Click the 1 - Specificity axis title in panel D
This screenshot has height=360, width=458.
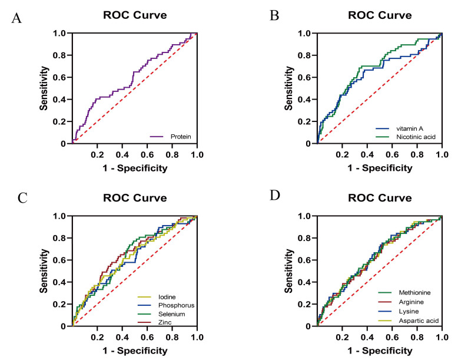click(x=379, y=351)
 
